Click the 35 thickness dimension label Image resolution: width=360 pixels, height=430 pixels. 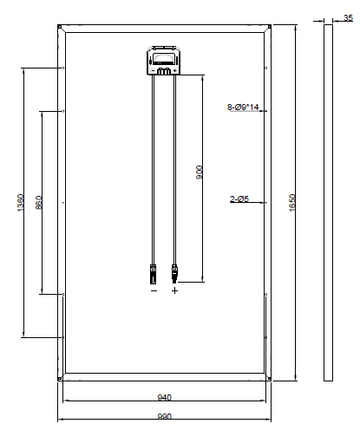348,18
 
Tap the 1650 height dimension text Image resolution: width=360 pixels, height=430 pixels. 292,203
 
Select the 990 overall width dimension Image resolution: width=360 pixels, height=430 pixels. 165,416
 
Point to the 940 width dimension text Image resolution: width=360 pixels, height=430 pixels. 165,397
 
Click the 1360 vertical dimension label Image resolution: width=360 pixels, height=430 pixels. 21,203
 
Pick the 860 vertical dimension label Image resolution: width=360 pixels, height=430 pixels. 39,203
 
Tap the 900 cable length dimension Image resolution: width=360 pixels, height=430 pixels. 200,173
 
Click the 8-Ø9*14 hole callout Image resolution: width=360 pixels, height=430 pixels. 243,107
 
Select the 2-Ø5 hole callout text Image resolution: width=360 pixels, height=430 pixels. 239,199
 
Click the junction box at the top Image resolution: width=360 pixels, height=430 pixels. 164,61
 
